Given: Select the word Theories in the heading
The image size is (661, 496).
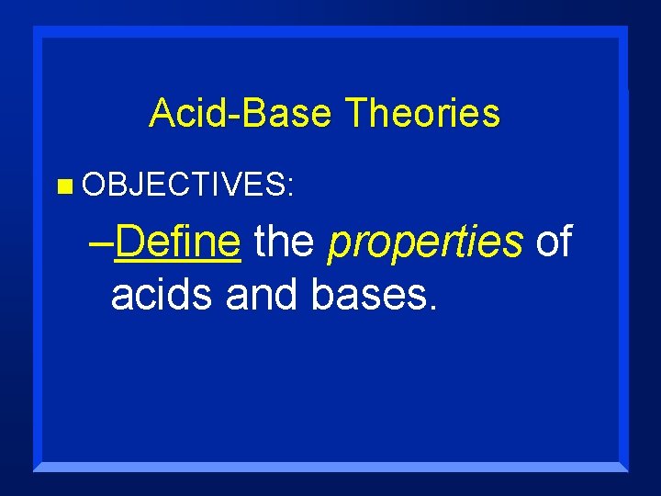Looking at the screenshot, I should coord(422,113).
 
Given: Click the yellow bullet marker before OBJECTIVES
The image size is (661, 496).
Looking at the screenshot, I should coord(62,187).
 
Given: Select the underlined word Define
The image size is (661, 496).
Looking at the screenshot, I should coord(178,242).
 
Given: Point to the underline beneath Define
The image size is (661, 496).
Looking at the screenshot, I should coord(178,264).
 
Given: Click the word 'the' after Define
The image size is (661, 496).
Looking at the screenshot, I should coord(284,242).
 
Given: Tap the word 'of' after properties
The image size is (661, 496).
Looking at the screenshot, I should coord(554,242).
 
